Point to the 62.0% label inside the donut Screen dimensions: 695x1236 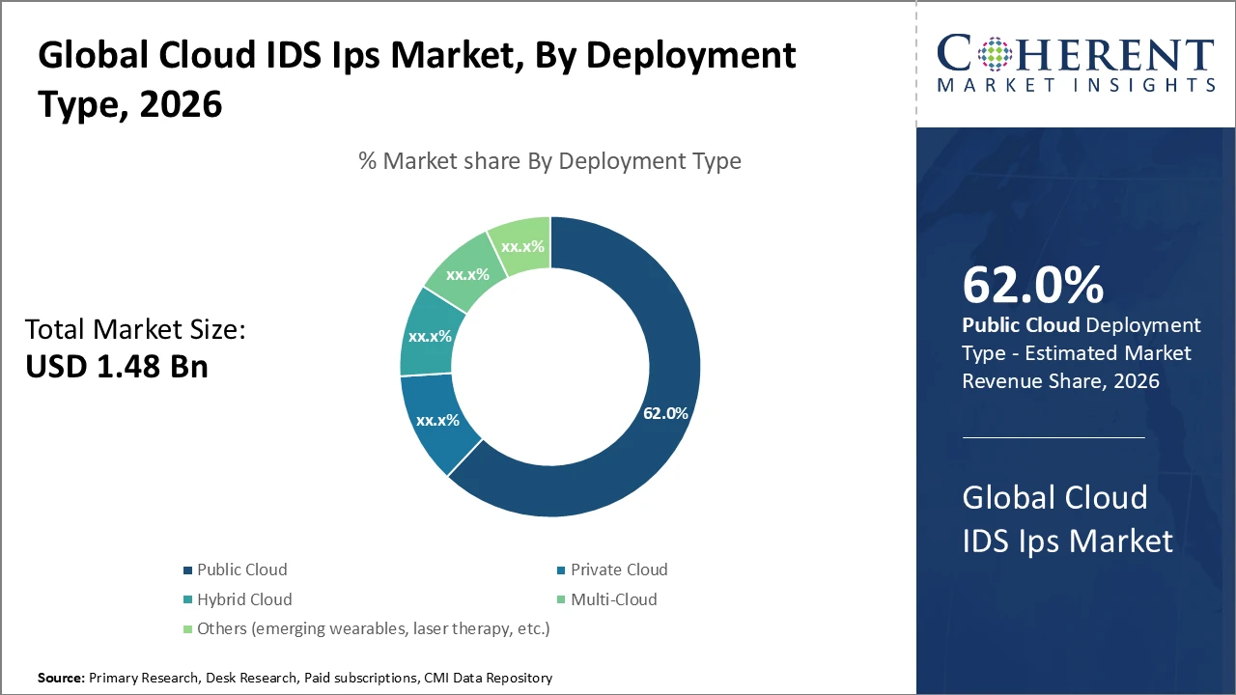(x=665, y=413)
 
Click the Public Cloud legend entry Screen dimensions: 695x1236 (x=241, y=570)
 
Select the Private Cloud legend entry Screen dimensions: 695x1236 (x=618, y=570)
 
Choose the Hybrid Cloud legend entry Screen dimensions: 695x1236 (x=243, y=599)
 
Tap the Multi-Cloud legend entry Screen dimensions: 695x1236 (x=613, y=599)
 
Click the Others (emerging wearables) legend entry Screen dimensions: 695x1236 (x=372, y=628)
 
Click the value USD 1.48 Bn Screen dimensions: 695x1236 (x=116, y=367)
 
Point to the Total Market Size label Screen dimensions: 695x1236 (x=135, y=330)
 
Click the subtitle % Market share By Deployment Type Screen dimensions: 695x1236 (x=549, y=160)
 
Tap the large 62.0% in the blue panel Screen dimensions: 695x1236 (x=1032, y=286)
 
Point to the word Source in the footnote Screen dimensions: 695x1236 (x=60, y=679)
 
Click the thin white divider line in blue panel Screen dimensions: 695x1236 (x=1053, y=437)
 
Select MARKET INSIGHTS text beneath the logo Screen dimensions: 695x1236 (x=1075, y=85)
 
